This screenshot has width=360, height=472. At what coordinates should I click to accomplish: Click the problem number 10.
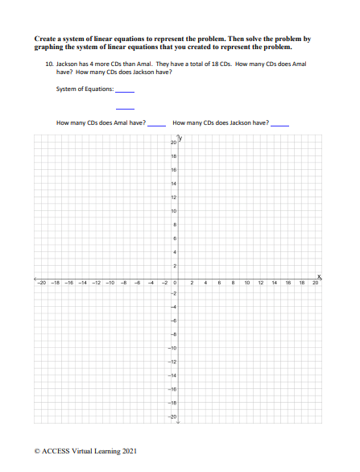(x=49, y=63)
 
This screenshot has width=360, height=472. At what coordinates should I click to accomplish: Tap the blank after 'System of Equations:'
(x=125, y=92)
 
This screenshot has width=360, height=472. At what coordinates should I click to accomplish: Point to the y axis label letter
(x=180, y=137)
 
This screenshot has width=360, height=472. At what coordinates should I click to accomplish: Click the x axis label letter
(x=318, y=275)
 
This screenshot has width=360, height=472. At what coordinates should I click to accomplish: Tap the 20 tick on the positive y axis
(x=172, y=142)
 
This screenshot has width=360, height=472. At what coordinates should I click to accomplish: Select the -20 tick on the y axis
(x=171, y=416)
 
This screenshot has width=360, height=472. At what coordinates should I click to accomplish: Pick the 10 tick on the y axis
(x=172, y=210)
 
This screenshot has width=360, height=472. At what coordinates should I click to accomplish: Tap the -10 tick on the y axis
(x=171, y=348)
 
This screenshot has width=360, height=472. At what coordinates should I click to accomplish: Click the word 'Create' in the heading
(x=47, y=38)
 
